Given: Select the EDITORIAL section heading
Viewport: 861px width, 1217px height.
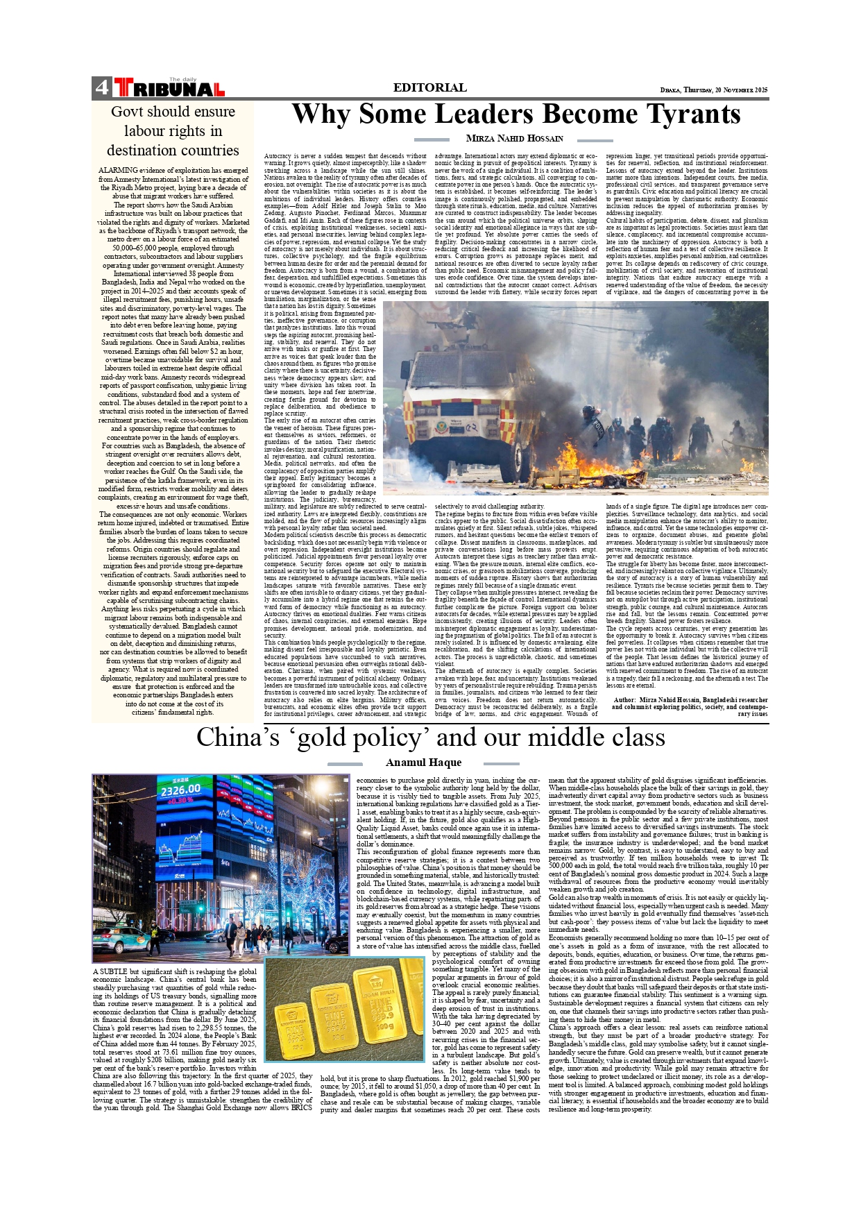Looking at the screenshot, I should click(429, 87).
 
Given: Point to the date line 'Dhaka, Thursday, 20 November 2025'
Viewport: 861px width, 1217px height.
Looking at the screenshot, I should click(714, 90).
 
